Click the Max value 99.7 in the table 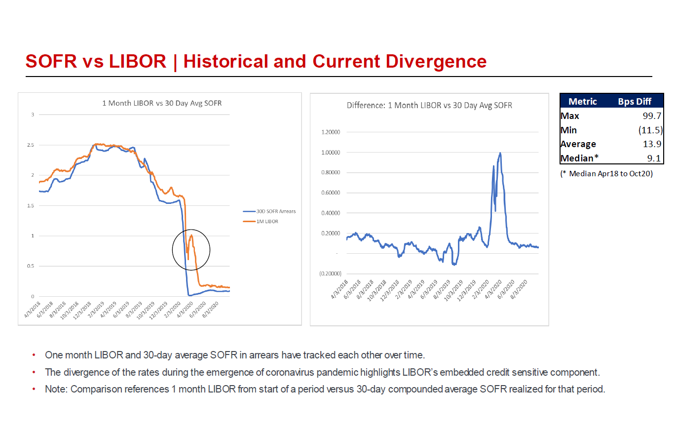click(x=651, y=116)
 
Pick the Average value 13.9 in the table click(x=651, y=144)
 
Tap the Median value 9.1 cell click(x=654, y=158)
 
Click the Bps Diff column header click(x=635, y=102)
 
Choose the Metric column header click(x=583, y=102)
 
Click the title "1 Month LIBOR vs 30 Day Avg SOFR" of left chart click(x=161, y=103)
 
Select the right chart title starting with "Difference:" click(x=429, y=105)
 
